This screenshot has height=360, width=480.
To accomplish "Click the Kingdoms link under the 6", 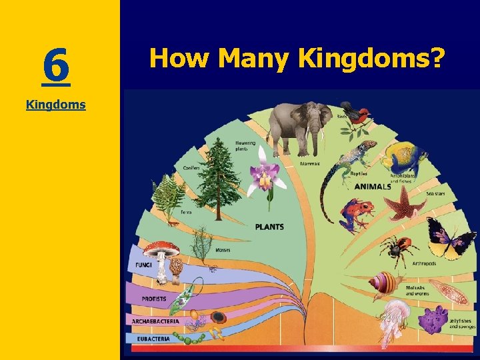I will coord(56,105).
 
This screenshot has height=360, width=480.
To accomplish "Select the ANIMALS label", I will coord(373,187).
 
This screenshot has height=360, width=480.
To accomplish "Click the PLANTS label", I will coord(269,227).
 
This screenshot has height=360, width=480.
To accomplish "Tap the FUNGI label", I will coord(143,265).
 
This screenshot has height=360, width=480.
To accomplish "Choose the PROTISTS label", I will coord(154,299).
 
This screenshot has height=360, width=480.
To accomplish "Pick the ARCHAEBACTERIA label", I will coord(155,321).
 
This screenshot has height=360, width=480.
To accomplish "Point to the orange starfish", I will coord(398,203).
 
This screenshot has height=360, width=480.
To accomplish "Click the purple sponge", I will coord(433,319).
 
